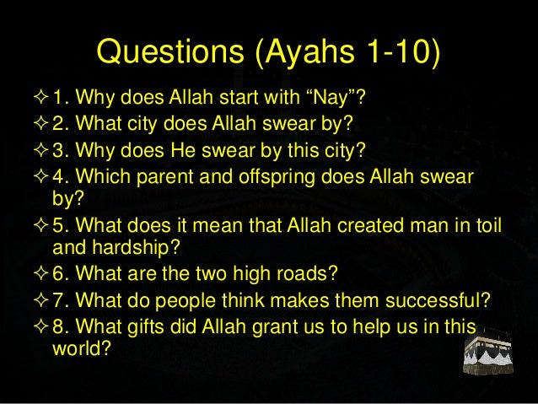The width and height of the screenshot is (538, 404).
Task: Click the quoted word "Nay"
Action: pyautogui.click(x=338, y=104)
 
